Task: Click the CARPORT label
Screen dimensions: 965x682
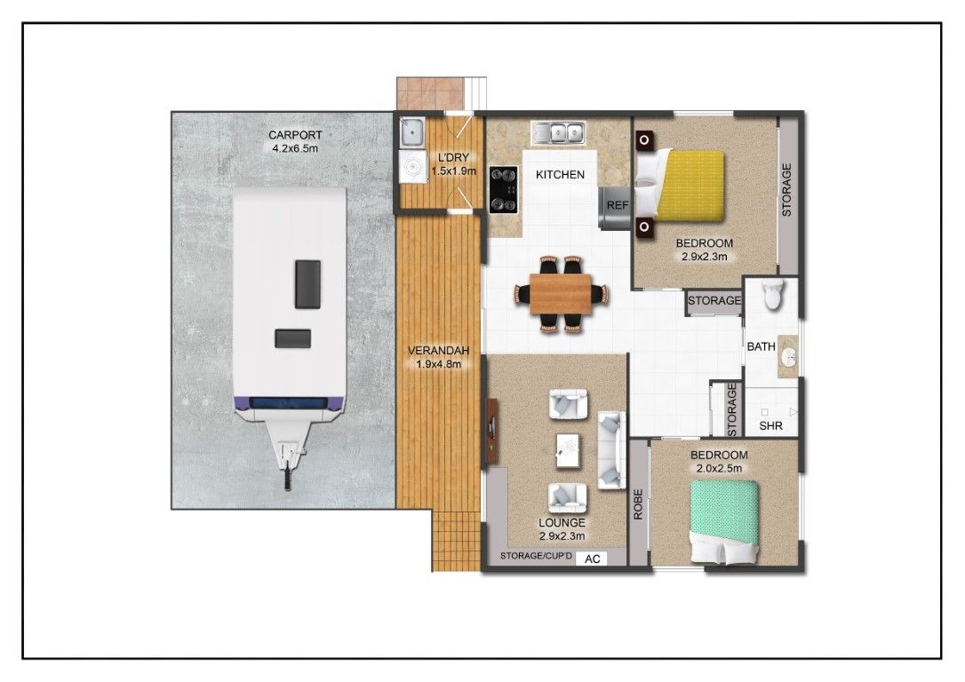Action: click(x=295, y=135)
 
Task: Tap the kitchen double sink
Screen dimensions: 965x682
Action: click(x=558, y=133)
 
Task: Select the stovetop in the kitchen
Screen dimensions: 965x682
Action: click(x=504, y=190)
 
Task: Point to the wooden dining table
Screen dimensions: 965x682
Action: click(x=561, y=294)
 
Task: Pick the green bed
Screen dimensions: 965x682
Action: click(x=723, y=521)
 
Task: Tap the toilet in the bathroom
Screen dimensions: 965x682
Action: click(x=772, y=294)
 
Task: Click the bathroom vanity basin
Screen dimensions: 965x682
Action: click(x=788, y=356)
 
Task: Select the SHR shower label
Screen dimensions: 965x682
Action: click(x=770, y=425)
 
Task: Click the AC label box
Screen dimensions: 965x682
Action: click(x=592, y=559)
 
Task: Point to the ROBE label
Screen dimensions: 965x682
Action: click(x=638, y=504)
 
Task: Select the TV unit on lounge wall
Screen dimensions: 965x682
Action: click(x=492, y=431)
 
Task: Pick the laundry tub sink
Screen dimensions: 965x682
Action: click(x=411, y=131)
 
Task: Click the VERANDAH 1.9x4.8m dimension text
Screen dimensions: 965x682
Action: click(x=438, y=364)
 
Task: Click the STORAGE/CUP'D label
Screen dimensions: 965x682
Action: click(x=536, y=557)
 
